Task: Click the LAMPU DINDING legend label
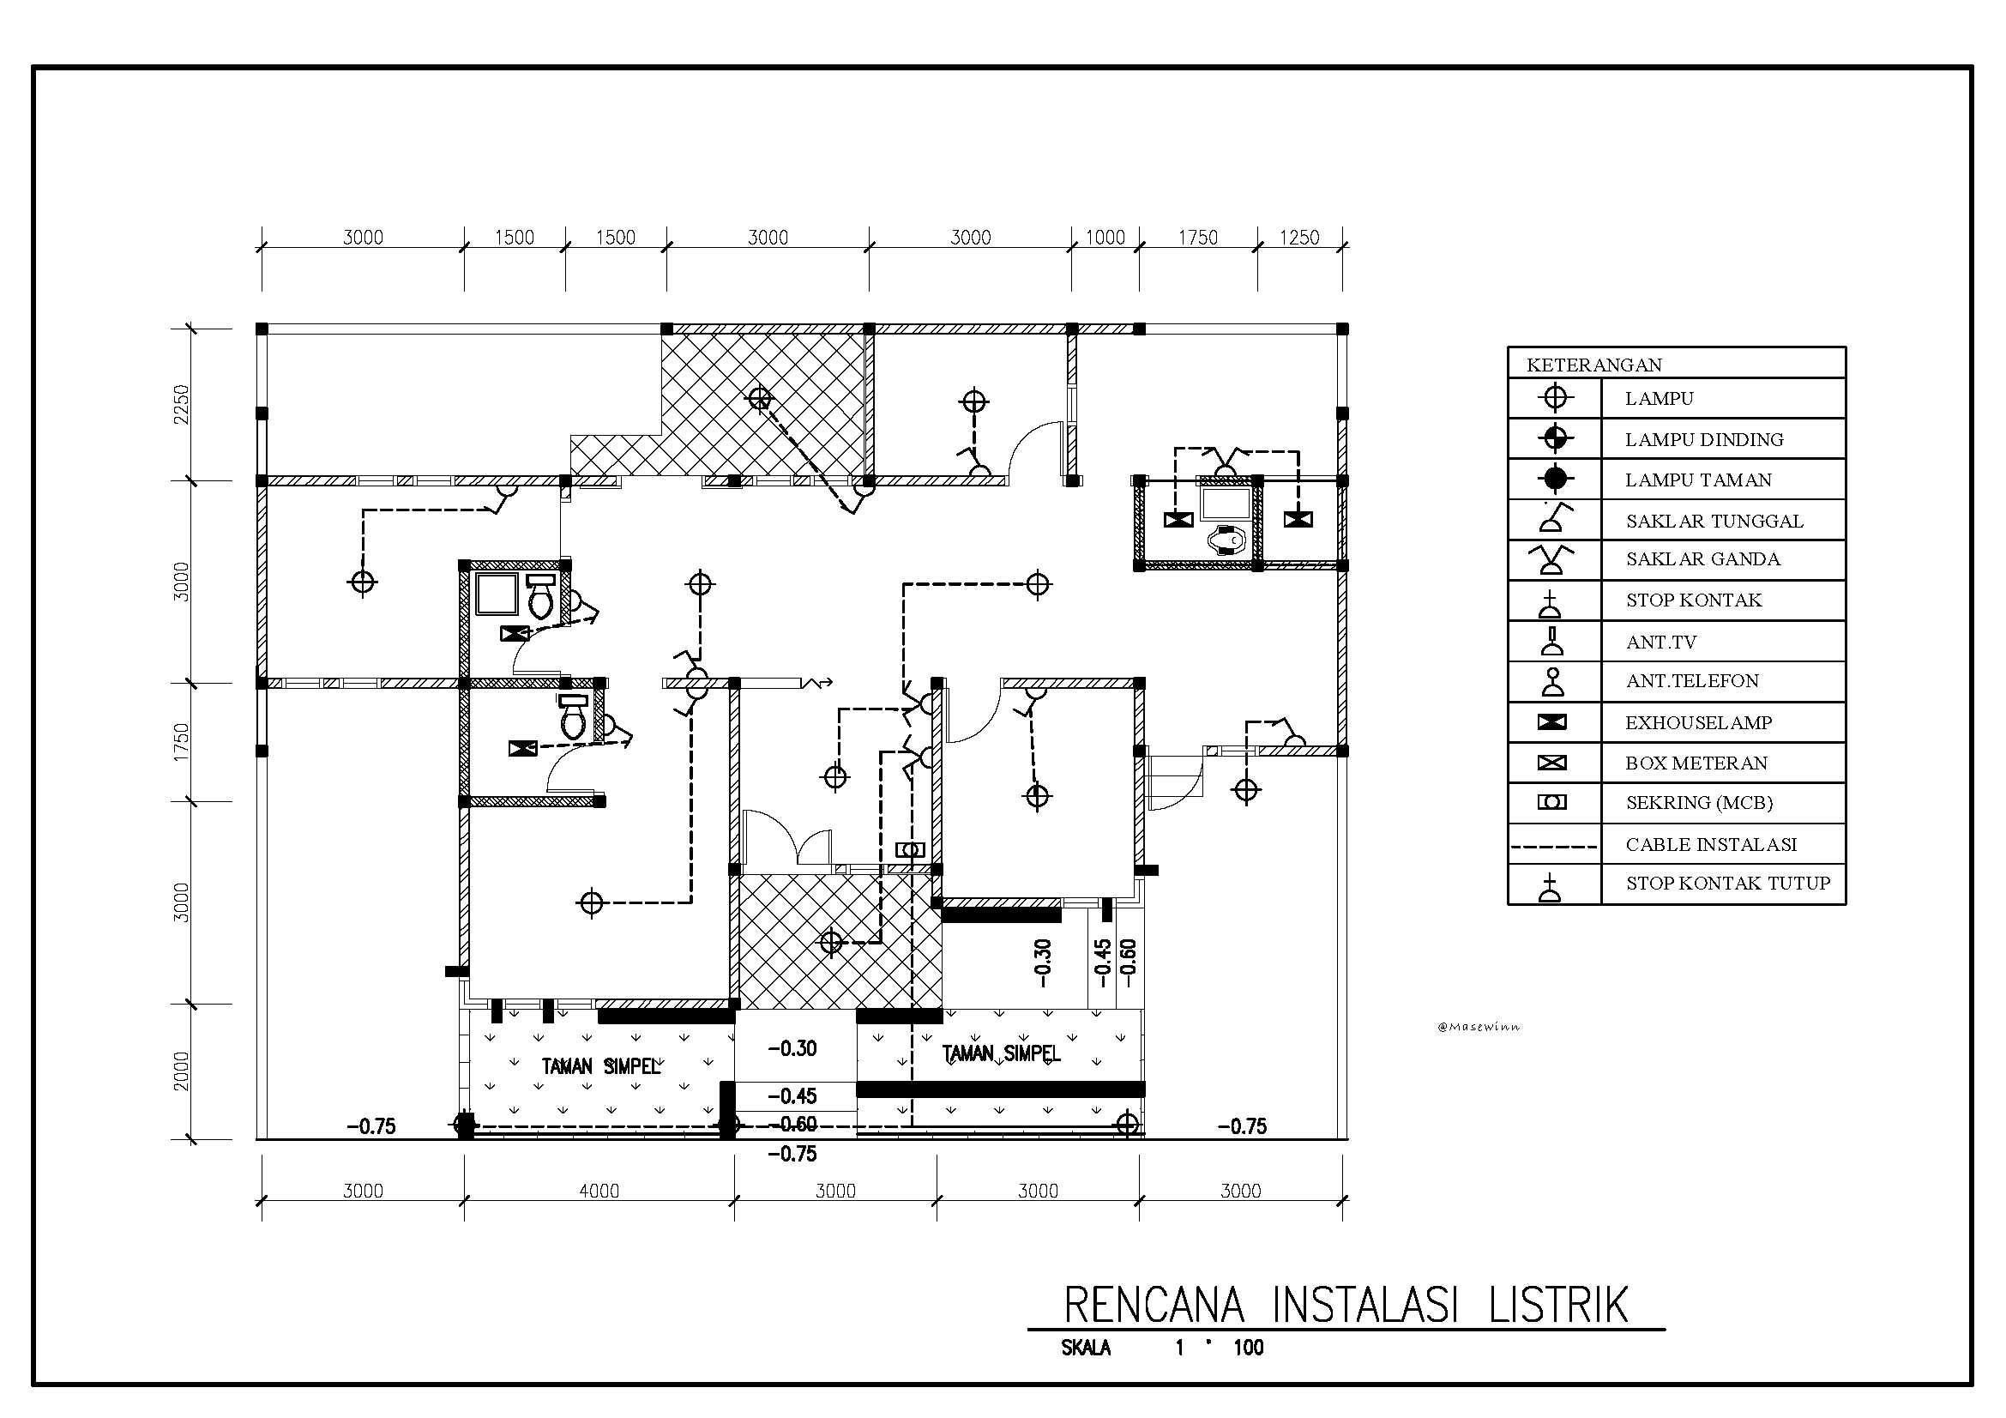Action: [1704, 439]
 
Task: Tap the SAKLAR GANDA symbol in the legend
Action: [1551, 559]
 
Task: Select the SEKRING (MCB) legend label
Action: [1698, 802]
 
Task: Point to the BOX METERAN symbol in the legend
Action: [1551, 763]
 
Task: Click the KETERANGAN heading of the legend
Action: [1593, 365]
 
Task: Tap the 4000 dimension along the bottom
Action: [599, 1190]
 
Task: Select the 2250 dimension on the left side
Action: [181, 405]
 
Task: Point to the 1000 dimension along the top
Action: [1105, 237]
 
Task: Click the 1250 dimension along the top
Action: [1299, 237]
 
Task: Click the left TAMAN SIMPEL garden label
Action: [601, 1067]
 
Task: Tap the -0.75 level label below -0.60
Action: [792, 1153]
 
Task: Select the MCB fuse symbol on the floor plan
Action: [911, 849]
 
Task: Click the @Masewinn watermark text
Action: [1479, 1027]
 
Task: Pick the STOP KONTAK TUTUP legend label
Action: [1727, 883]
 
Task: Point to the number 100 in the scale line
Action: [1249, 1348]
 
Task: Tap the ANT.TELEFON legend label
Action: [1692, 680]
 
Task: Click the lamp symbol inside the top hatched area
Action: [760, 398]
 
